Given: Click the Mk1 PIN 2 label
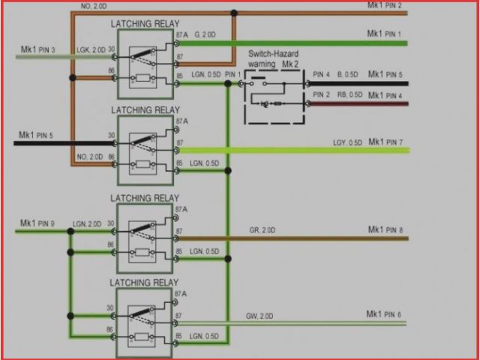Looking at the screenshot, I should pos(384,5).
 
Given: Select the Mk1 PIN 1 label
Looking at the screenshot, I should pos(384,34).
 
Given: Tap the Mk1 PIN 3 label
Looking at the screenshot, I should pos(37,49).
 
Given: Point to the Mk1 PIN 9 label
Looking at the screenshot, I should pos(37,223).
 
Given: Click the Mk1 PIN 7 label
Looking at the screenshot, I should pos(385,142).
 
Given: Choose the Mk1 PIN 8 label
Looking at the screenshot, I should pos(385,229).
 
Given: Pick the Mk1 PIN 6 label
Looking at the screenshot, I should pos(384,314).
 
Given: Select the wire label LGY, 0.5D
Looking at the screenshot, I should pos(347,142).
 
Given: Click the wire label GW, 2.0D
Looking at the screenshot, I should pos(260,316).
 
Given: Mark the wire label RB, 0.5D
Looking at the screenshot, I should pos(349,94).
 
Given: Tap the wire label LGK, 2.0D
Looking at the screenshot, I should pos(90,49).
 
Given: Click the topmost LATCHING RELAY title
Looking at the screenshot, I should pos(145,24).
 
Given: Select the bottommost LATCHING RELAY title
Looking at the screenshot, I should pos(145,283).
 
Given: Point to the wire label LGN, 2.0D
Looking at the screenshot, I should pos(87,224).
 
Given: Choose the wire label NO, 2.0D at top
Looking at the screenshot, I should pos(94,5).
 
